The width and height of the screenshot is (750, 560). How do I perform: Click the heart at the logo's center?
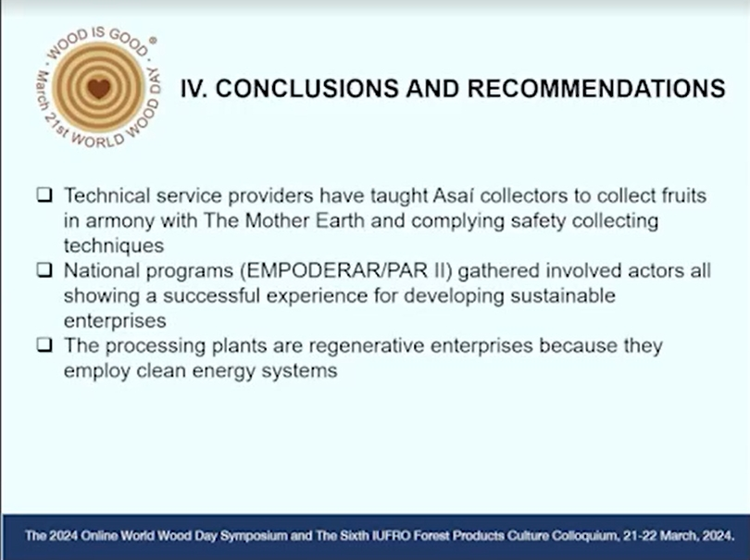click(x=99, y=89)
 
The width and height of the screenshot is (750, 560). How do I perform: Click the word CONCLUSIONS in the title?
click(x=307, y=89)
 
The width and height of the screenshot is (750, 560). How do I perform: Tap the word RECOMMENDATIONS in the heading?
click(x=596, y=89)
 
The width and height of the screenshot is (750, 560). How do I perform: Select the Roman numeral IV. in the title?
click(x=194, y=89)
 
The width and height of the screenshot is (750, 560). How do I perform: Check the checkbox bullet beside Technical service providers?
click(x=44, y=194)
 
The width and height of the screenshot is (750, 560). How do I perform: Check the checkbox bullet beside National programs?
click(x=44, y=269)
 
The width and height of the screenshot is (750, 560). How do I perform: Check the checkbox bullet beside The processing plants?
click(x=44, y=344)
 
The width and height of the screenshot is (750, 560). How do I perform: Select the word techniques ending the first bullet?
click(x=114, y=246)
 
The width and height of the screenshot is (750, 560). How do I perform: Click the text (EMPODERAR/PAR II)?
click(x=346, y=270)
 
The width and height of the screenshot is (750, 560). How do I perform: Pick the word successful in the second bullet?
click(x=211, y=295)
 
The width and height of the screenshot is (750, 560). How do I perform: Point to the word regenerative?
click(x=367, y=346)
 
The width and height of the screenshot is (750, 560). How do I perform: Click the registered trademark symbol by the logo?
click(x=153, y=41)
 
